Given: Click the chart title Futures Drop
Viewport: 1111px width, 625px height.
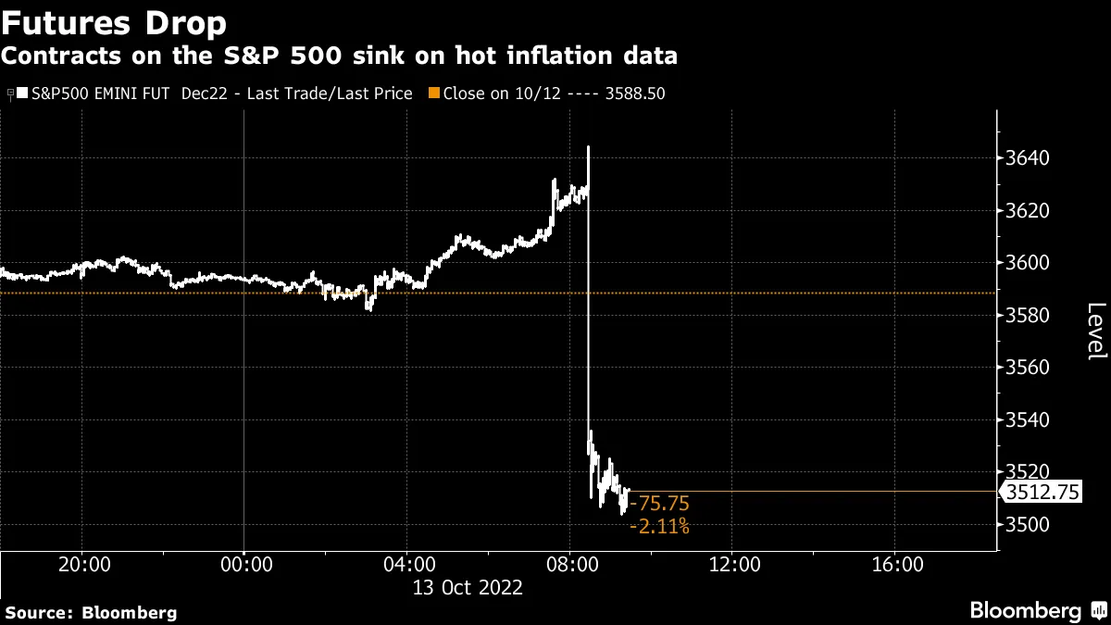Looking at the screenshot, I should (x=115, y=20).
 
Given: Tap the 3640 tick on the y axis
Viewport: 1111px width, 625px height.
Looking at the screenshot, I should (x=1029, y=158).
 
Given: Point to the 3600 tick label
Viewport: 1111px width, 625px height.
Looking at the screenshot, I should (x=1029, y=263).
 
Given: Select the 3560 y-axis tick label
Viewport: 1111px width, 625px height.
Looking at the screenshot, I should (x=1029, y=368).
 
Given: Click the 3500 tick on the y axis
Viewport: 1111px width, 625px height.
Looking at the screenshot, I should (x=1029, y=525).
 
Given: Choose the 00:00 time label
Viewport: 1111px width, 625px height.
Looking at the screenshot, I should (x=244, y=564).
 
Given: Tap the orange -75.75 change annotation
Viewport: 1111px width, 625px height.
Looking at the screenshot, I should (x=659, y=504).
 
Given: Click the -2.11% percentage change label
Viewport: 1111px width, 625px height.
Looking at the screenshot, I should (x=659, y=527).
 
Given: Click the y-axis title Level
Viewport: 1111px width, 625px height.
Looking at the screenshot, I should (x=1095, y=331).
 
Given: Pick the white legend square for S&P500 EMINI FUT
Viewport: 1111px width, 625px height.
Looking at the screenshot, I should (x=23, y=94).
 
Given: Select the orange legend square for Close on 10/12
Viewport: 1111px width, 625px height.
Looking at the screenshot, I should (x=435, y=94).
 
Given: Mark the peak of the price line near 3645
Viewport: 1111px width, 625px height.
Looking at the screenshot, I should (x=588, y=146).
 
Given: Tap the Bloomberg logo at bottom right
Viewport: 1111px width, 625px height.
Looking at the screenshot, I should (x=1033, y=610).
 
